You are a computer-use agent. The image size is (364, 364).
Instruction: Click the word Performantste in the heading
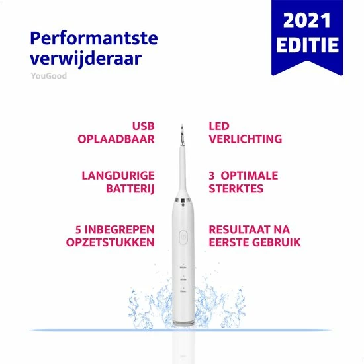94,38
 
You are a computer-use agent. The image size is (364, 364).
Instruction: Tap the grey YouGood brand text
48,76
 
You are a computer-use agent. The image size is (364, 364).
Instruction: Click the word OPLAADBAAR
116,139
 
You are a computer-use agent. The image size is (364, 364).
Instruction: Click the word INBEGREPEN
119,229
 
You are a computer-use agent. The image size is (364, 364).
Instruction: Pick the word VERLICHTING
245,139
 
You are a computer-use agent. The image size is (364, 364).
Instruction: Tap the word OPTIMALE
250,176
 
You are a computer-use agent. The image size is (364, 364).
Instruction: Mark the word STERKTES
236,190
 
